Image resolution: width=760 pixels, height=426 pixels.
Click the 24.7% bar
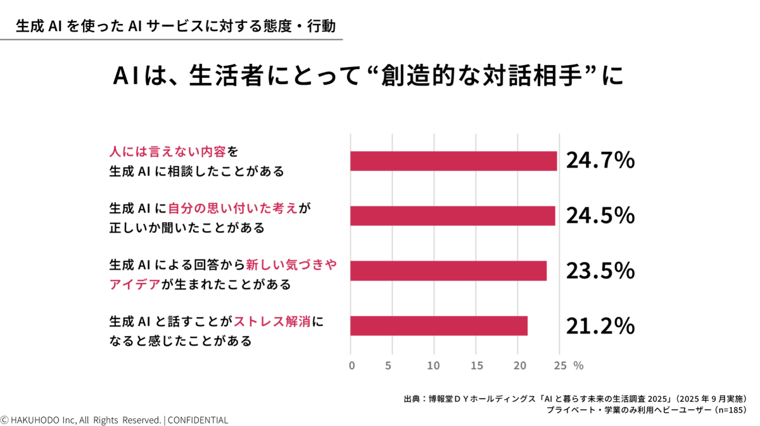tap(453, 161)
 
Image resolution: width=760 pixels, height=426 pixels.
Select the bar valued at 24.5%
tap(453, 216)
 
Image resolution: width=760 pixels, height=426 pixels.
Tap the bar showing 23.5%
tap(448, 271)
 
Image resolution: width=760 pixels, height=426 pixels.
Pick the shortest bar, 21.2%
tap(439, 325)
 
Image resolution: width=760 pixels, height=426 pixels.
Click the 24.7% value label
tap(600, 161)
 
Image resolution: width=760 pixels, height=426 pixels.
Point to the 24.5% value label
tap(600, 216)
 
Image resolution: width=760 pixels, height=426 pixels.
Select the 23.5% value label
tap(600, 271)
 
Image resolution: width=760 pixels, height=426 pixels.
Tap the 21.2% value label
tap(600, 325)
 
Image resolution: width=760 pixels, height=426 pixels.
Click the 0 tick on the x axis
tap(351, 365)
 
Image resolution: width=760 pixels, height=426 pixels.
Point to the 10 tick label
tap(433, 365)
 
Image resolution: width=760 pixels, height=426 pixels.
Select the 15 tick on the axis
tap(476, 365)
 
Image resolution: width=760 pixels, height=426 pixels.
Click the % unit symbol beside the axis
tap(578, 365)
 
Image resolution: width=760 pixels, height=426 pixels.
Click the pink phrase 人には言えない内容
tap(168, 152)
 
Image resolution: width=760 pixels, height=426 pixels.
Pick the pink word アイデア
tap(134, 285)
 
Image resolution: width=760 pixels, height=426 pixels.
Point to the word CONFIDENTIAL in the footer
tap(198, 420)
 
